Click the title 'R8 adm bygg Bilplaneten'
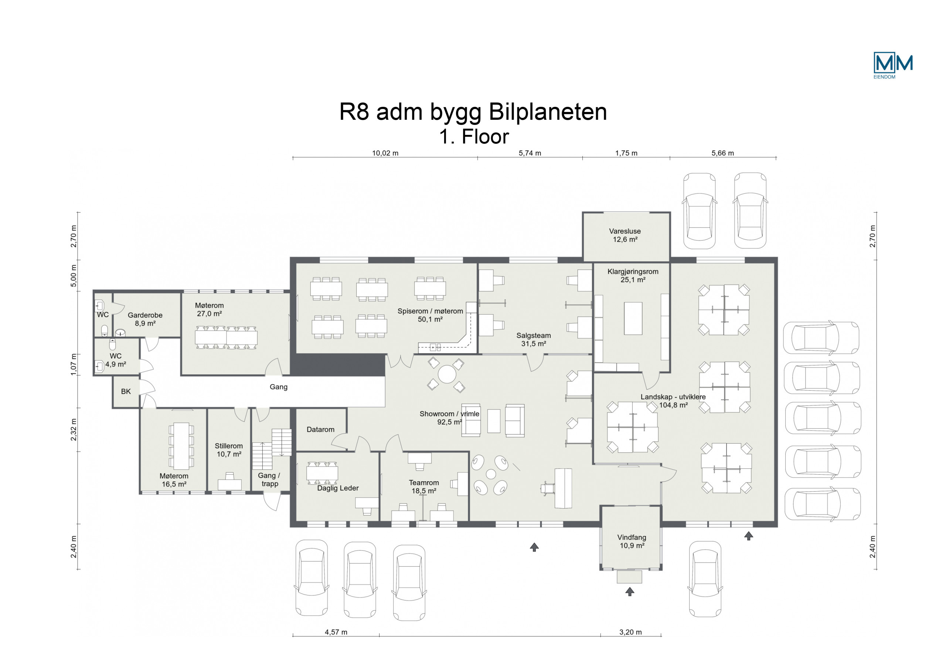click(473, 112)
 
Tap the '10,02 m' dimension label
click(385, 153)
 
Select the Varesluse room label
click(625, 235)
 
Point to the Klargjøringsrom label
click(633, 276)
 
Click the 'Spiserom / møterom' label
click(430, 315)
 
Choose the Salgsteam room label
click(534, 340)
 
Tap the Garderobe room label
click(145, 319)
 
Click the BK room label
click(126, 391)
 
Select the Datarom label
click(320, 429)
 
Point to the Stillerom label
click(229, 450)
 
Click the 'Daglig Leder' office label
click(338, 488)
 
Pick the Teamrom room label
click(424, 487)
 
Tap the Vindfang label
click(632, 541)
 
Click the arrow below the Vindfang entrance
click(630, 591)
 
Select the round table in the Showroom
click(447, 374)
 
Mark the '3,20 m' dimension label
click(630, 632)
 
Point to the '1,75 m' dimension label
click(626, 153)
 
